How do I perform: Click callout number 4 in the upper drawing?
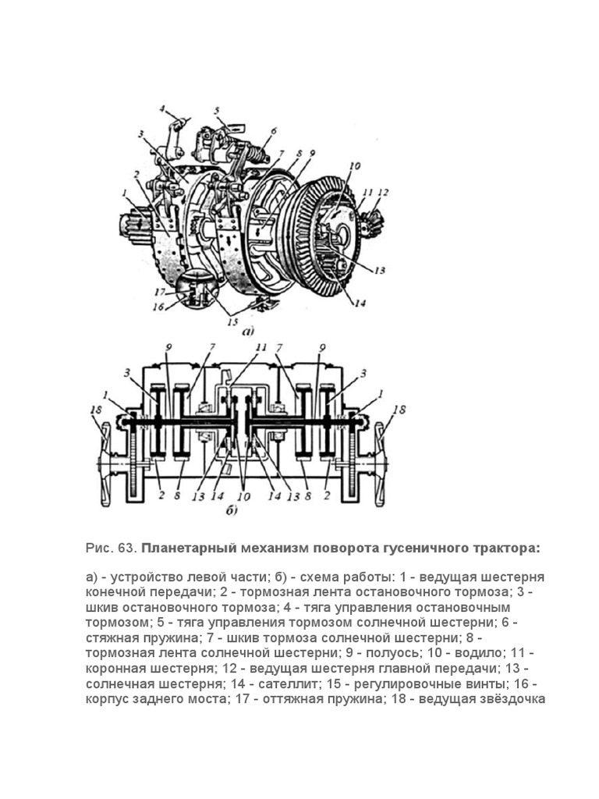[x=162, y=108]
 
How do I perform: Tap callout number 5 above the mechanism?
[x=217, y=111]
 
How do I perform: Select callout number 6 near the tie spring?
[x=275, y=131]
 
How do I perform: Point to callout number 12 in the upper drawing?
[x=383, y=192]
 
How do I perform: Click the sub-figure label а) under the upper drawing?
[x=249, y=332]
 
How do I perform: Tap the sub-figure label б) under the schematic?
[x=231, y=513]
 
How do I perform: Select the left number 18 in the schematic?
[x=94, y=409]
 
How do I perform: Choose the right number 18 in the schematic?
[x=399, y=409]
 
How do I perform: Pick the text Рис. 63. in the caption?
[x=111, y=548]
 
